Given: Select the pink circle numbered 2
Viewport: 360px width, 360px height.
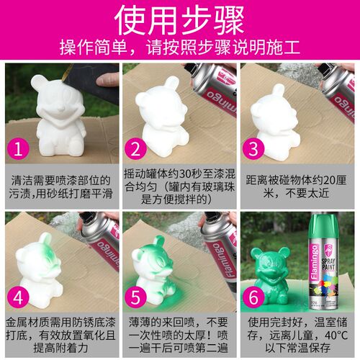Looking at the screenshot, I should [136, 149].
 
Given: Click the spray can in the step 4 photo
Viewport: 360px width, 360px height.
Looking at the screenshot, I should [101, 238].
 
